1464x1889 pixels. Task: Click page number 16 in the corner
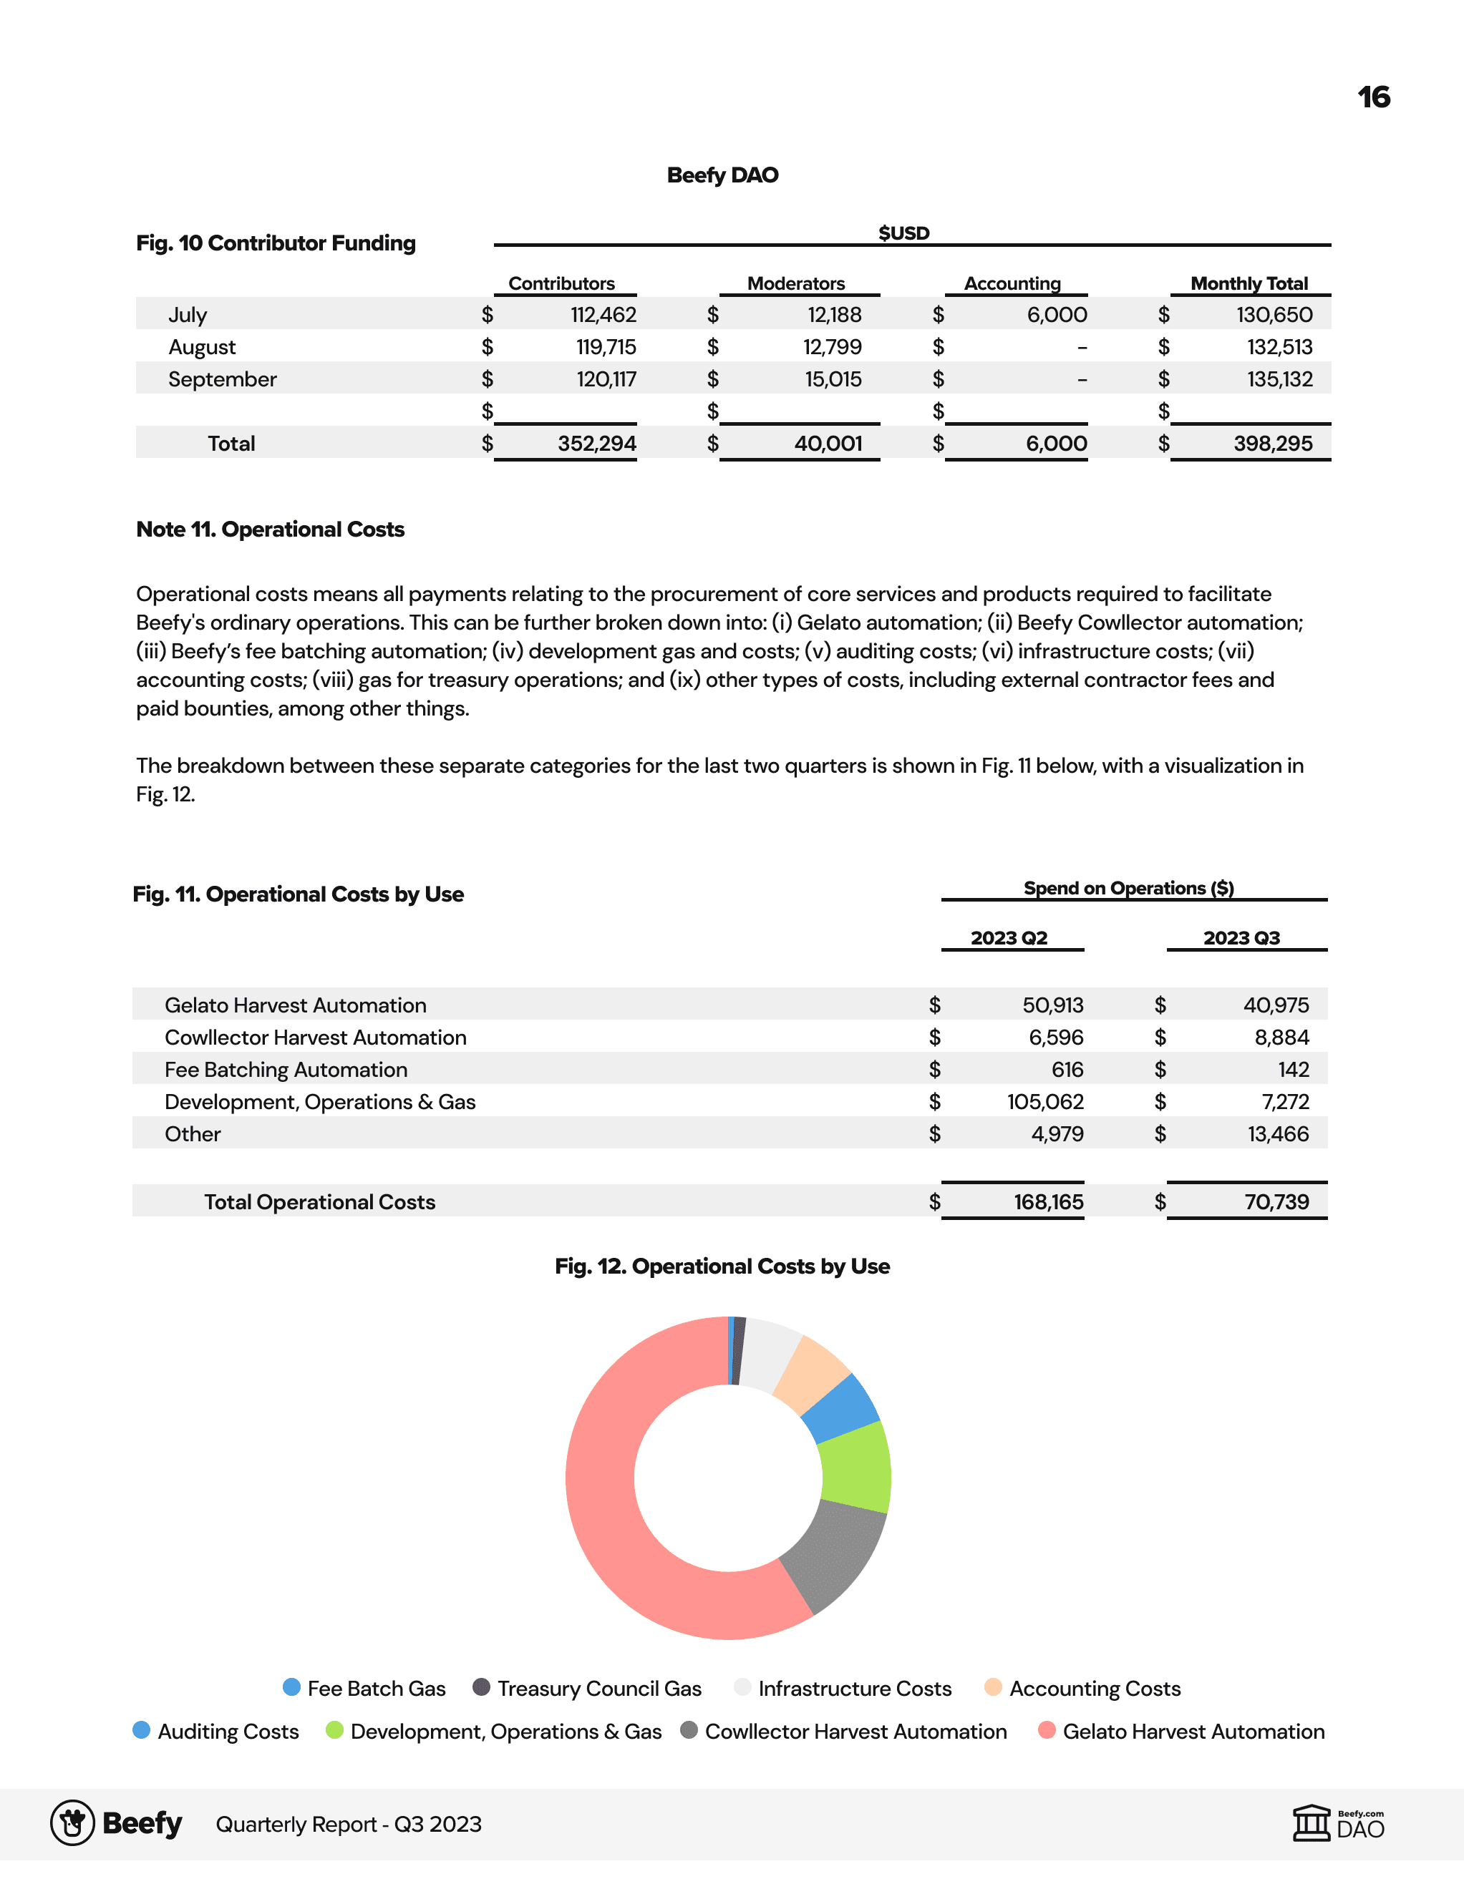click(1373, 97)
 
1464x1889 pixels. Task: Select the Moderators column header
click(795, 283)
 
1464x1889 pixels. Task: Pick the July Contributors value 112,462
click(603, 315)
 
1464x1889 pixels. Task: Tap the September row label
click(223, 380)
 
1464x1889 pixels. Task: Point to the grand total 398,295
click(1272, 444)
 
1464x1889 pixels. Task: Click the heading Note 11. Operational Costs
click(270, 529)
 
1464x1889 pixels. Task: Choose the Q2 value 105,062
click(1044, 1102)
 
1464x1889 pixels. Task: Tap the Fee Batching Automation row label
click(286, 1070)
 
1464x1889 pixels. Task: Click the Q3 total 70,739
click(1276, 1202)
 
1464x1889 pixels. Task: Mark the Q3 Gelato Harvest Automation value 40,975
click(1276, 1005)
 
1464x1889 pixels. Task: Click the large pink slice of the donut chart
click(623, 1522)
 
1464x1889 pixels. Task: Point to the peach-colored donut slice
click(812, 1370)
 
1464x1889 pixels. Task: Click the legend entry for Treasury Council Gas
click(598, 1689)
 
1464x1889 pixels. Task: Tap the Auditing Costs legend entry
click(228, 1732)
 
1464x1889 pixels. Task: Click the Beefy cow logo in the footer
click(73, 1823)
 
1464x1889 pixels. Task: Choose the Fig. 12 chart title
click(722, 1266)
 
